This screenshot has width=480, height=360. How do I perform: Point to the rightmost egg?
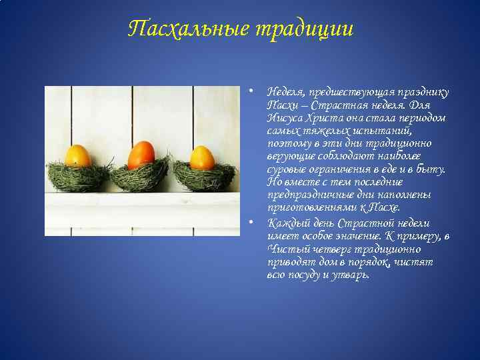(x=202, y=158)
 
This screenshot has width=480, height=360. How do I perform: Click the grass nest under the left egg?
(x=78, y=176)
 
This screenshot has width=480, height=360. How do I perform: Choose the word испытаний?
(x=377, y=131)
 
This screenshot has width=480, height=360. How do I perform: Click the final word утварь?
(x=350, y=274)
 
